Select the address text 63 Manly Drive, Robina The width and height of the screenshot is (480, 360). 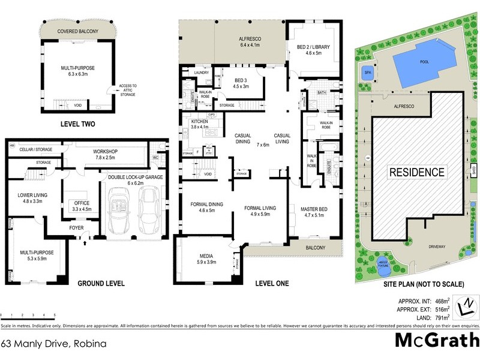point(54,344)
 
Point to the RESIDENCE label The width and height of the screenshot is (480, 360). point(418,172)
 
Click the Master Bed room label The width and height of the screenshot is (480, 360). point(314,212)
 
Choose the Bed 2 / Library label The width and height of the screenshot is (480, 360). point(314,50)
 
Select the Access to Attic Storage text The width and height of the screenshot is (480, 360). point(128,89)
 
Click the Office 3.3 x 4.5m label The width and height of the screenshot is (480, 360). point(82,206)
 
